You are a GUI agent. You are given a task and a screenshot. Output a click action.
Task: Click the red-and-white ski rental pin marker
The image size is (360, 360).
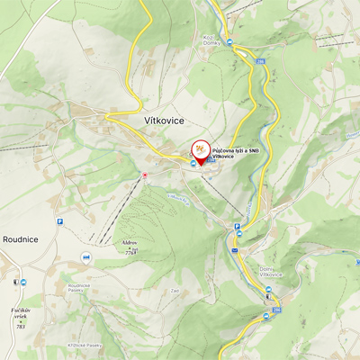(x=200, y=150)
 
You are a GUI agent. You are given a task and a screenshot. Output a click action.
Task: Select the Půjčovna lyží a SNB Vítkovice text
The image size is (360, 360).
(x=236, y=154)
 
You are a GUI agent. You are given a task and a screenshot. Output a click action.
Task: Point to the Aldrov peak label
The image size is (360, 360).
(x=129, y=243)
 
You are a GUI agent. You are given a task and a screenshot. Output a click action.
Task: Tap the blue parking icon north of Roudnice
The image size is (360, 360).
(x=60, y=220)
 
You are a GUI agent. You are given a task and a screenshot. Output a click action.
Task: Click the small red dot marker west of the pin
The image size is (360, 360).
(x=145, y=175)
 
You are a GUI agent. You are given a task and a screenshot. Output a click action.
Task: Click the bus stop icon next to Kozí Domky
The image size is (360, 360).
(x=229, y=41)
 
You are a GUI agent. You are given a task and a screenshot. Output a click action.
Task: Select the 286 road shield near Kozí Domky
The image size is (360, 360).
(x=260, y=61)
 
